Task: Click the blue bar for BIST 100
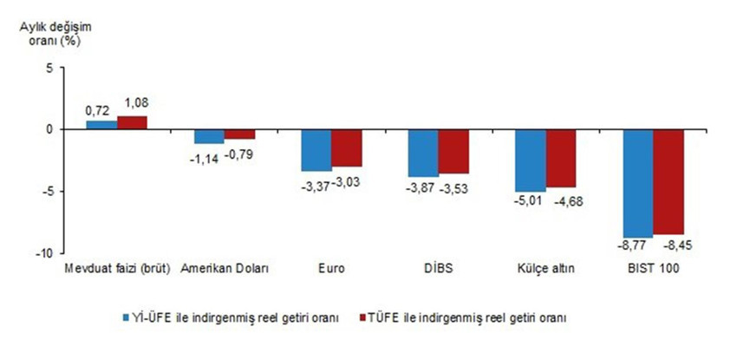pos(638,183)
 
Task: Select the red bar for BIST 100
pos(669,181)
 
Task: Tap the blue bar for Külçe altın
pos(531,160)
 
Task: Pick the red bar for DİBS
pos(453,151)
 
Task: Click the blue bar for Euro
pos(316,150)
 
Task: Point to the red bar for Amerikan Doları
pos(239,134)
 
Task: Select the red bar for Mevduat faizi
pos(133,122)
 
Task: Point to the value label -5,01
pos(530,202)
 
